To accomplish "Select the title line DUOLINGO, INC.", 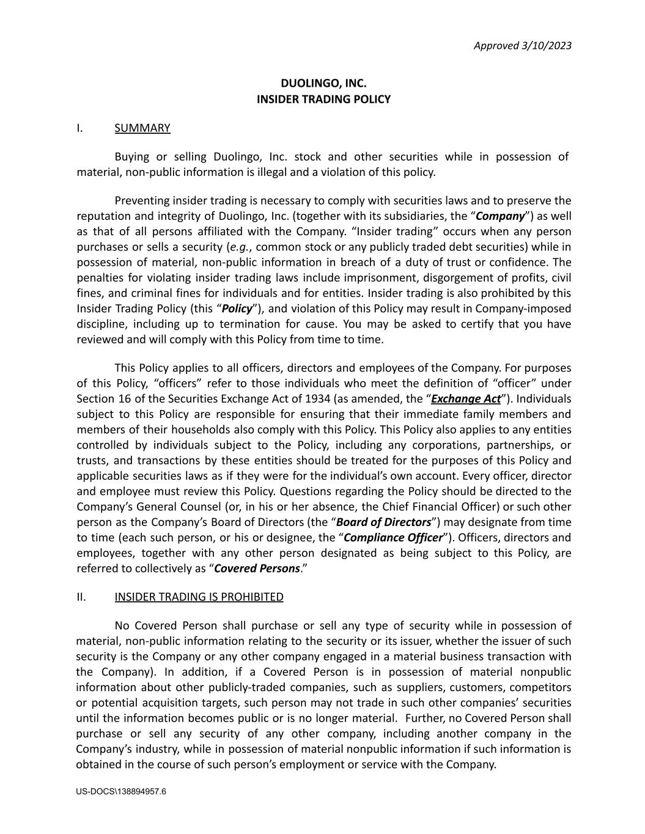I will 323,83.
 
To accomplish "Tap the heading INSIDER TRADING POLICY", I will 323,99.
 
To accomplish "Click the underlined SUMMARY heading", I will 142,128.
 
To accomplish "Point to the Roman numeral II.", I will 81,597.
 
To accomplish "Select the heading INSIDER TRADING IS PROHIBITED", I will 199,597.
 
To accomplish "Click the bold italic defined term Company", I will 500,216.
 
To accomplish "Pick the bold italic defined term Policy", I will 237,309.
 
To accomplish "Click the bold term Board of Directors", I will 384,522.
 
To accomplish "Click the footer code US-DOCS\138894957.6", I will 121,792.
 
